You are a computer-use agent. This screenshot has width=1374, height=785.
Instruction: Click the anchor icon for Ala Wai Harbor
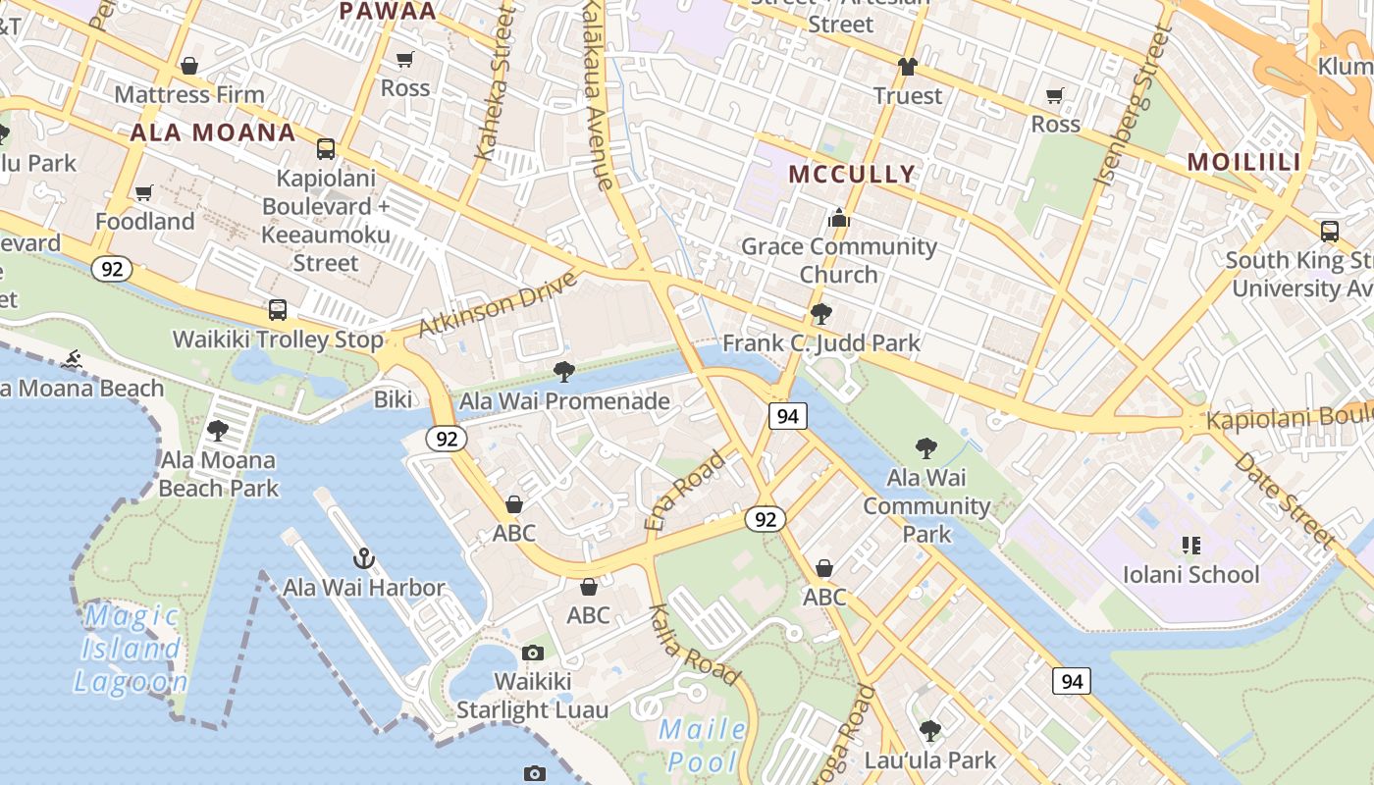[364, 558]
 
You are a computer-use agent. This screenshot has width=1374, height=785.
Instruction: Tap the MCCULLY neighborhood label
[852, 174]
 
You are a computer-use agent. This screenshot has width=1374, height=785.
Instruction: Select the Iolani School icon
[1190, 545]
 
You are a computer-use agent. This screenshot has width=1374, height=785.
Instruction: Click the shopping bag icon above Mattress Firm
[189, 66]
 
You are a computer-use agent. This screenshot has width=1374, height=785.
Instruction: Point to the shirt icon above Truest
[908, 67]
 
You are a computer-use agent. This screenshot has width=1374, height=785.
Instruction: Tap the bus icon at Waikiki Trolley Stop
[278, 310]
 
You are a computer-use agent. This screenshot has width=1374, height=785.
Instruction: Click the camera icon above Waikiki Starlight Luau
[532, 653]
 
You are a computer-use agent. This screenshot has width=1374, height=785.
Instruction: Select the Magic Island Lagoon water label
[131, 649]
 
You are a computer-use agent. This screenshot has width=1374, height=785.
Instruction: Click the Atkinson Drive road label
[497, 304]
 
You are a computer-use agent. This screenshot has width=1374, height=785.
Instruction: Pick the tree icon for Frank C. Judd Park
[820, 314]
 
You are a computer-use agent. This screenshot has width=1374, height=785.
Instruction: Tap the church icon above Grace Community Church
[838, 218]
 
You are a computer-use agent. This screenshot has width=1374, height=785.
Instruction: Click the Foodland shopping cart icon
[144, 192]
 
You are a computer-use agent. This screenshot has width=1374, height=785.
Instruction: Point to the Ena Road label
[684, 490]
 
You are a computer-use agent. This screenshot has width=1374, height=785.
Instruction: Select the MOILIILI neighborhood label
[1243, 162]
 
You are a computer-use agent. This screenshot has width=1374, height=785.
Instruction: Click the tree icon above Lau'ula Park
[929, 731]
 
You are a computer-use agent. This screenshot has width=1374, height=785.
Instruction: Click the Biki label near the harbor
[394, 399]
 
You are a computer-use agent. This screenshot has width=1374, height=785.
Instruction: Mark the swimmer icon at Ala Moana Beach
[71, 360]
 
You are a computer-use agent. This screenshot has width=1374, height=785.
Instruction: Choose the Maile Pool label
[702, 745]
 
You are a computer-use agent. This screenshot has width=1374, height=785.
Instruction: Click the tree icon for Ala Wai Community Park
[925, 448]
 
